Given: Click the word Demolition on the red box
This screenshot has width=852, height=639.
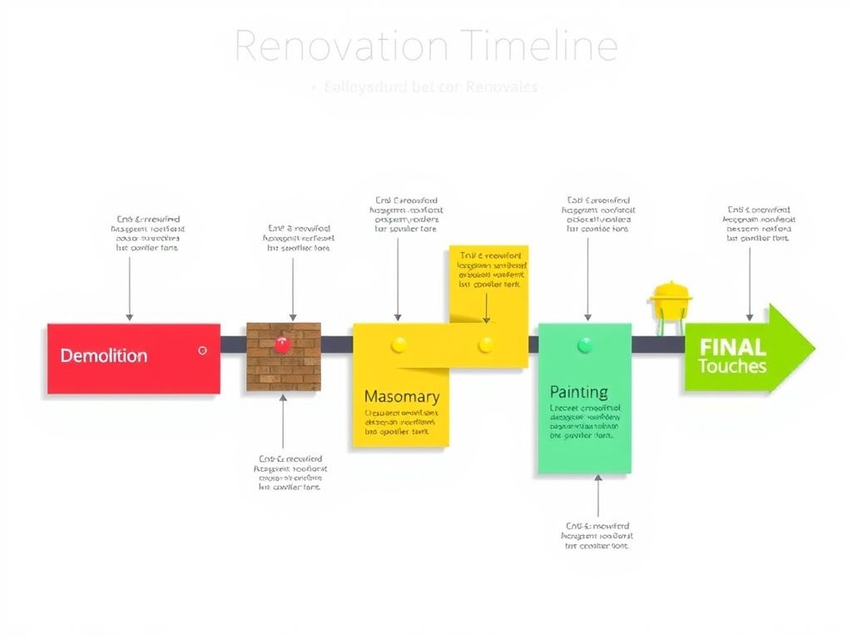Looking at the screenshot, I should [x=104, y=356].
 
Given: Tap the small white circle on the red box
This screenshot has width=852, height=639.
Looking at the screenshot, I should [x=202, y=351].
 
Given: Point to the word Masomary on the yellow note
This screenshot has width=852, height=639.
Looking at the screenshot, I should [x=401, y=397].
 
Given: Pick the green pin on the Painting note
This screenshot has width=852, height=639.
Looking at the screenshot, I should [x=584, y=343].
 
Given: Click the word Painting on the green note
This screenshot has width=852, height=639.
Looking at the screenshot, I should [x=579, y=392].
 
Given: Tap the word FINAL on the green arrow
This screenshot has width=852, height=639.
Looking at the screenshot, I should [x=732, y=347].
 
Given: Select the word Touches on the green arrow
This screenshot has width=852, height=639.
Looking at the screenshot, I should [x=732, y=366].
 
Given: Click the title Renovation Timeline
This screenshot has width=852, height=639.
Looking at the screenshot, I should [x=426, y=47].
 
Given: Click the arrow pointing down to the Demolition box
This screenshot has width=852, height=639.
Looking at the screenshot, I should [x=129, y=287].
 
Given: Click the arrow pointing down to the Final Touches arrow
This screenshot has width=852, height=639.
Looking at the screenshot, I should [x=750, y=283].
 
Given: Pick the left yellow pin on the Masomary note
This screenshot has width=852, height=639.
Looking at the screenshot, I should [x=399, y=343].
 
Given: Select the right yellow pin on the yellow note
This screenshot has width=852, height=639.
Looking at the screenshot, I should [x=486, y=343].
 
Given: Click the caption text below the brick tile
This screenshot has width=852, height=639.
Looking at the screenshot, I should [x=290, y=473].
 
